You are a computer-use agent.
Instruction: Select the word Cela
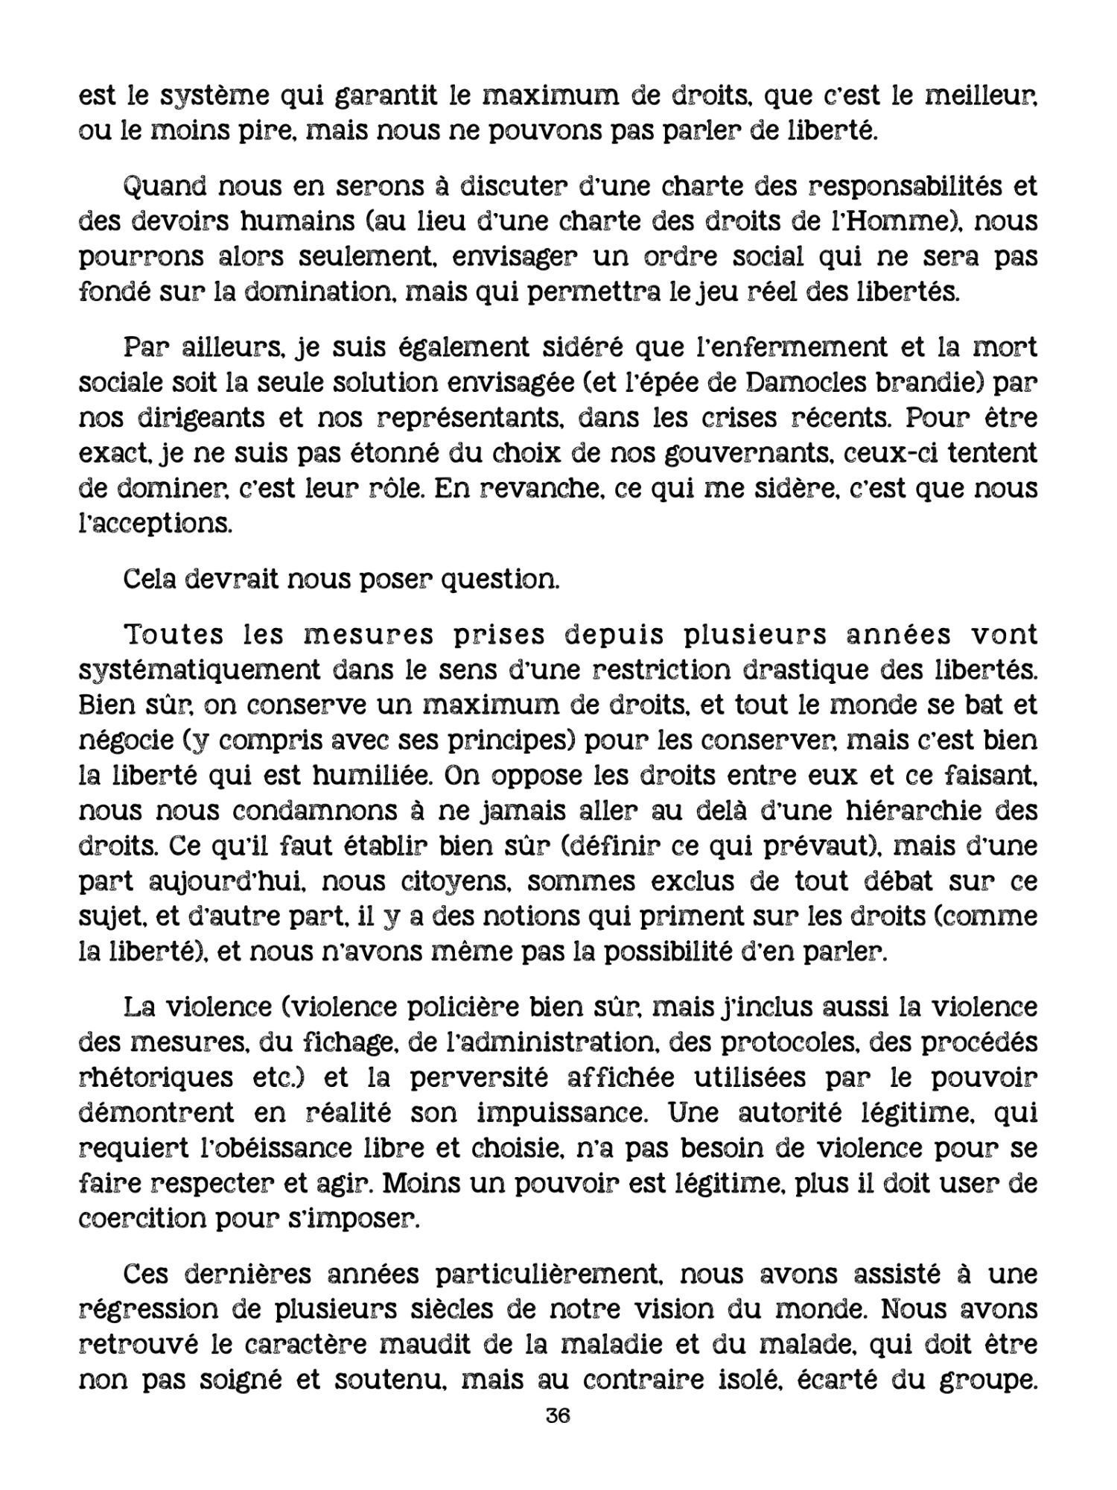click(x=150, y=579)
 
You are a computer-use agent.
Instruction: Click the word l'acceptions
click(x=156, y=524)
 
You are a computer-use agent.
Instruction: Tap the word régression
click(x=156, y=1310)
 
